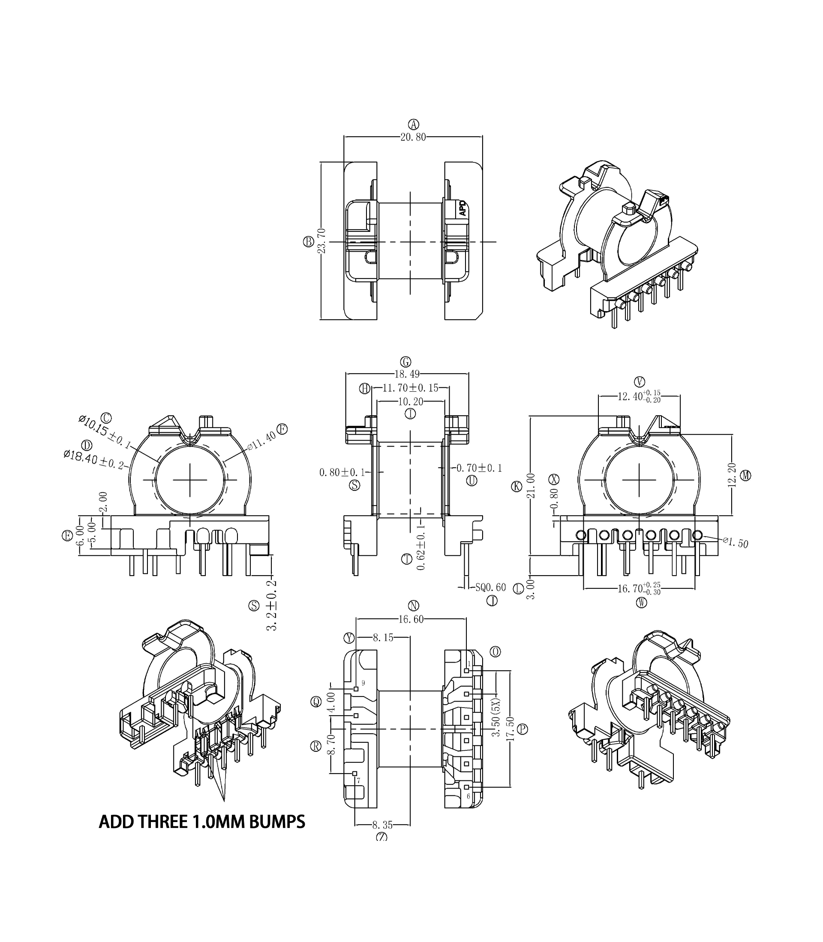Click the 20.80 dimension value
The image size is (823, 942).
413,137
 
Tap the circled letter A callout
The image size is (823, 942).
413,124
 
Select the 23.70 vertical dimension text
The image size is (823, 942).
322,241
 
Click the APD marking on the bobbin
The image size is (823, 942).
463,208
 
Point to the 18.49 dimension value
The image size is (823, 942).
407,374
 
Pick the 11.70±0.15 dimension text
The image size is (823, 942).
410,388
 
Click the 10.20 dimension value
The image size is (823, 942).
411,402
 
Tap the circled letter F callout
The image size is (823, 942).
282,429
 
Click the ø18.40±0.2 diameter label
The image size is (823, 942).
94,459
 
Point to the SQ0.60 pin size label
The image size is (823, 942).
490,588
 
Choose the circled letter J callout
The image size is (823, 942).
492,600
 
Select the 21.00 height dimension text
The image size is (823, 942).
531,486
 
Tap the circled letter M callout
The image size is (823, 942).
746,476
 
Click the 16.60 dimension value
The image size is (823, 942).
411,619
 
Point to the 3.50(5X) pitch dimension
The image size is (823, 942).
496,717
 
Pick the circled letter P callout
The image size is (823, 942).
522,729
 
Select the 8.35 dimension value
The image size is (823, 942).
382,825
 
